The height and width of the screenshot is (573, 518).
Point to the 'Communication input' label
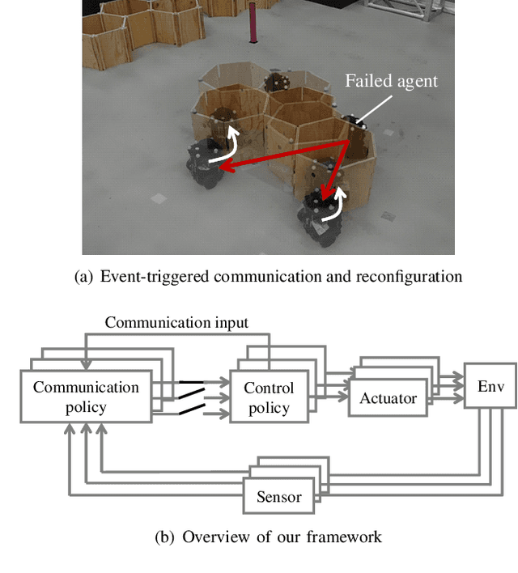coord(176,322)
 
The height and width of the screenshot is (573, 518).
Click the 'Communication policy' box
coord(86,397)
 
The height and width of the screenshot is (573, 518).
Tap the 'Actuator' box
coord(388,398)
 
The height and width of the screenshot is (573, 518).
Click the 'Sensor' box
coord(278,496)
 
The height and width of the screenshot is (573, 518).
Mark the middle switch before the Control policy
coord(190,397)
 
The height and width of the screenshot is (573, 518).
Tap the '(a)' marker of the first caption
coord(83,277)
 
